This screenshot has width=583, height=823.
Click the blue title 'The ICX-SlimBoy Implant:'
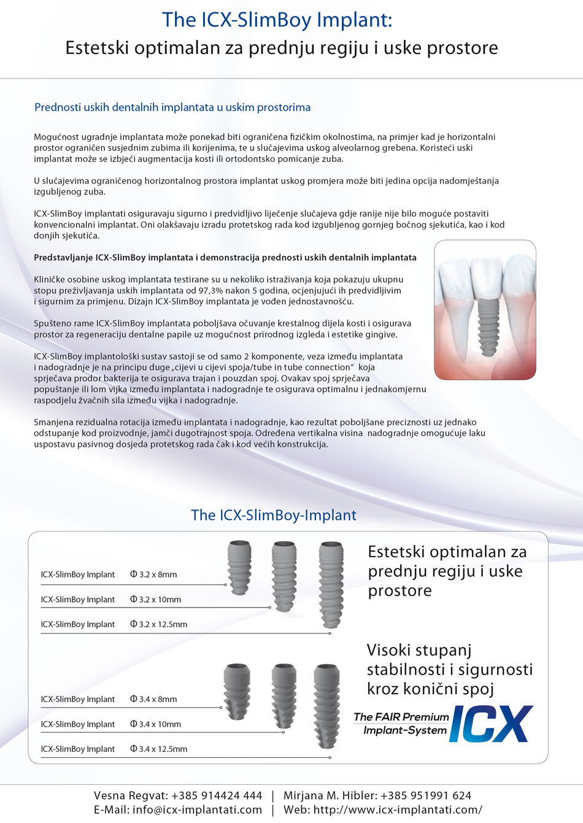(277, 20)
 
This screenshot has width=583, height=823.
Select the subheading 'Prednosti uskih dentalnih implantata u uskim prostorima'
(172, 107)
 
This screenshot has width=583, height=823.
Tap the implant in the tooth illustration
(488, 326)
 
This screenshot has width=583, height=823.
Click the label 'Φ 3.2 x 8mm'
(153, 575)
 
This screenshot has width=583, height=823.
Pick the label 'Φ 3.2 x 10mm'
(155, 600)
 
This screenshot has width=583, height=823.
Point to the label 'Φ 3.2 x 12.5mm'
(158, 625)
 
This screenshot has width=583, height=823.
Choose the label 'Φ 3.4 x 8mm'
(153, 700)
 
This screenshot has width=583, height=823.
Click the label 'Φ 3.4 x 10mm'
(155, 725)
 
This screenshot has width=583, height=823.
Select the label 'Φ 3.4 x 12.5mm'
(158, 749)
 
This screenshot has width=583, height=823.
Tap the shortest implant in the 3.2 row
(239, 567)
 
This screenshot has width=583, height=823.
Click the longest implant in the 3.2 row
(331, 584)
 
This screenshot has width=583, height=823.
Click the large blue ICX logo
(491, 724)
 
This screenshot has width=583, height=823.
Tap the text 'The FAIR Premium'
(401, 717)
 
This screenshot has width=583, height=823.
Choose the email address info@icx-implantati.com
(197, 810)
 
